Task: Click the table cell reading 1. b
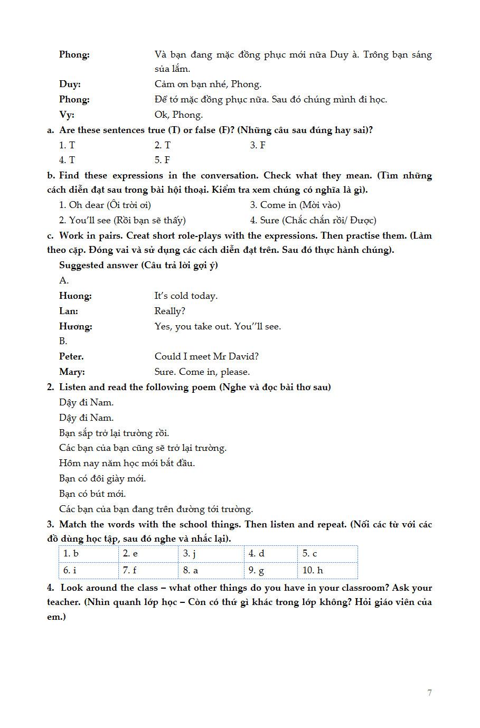(88, 554)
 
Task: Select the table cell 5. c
(327, 554)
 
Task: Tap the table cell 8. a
(211, 570)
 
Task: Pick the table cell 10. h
(327, 570)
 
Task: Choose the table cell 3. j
(211, 554)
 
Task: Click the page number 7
(429, 693)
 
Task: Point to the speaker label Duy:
(70, 84)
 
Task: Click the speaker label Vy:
(67, 115)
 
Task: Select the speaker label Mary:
(72, 372)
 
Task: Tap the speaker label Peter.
(71, 356)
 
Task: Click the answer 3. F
(258, 145)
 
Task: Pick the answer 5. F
(162, 160)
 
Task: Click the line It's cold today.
(186, 296)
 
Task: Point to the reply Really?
(170, 311)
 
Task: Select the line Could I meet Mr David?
(206, 356)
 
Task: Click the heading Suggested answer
(99, 265)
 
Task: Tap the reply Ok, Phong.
(178, 115)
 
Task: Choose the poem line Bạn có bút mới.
(92, 494)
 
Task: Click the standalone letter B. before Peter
(63, 341)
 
